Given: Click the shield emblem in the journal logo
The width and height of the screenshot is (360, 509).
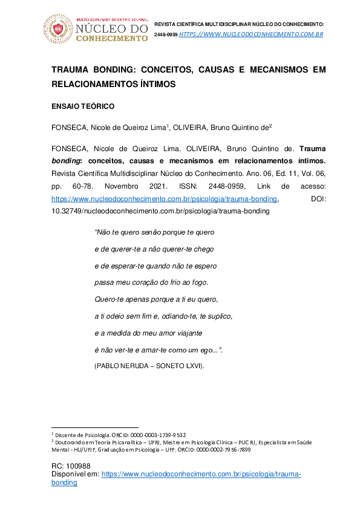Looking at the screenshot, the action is coord(59,28).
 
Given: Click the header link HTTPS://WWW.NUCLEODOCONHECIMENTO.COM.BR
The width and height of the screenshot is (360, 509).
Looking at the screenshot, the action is coord(251,34).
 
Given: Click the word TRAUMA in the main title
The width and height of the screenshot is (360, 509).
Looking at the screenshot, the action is coord(73,70).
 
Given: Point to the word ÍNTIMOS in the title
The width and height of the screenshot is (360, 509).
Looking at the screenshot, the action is coord(155,85).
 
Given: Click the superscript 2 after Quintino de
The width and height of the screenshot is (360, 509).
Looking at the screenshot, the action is coord(270,126).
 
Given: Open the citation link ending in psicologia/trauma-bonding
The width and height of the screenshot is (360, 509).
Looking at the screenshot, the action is coord(165,198).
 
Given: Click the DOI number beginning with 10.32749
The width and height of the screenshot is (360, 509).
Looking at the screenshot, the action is coord(160,212).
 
